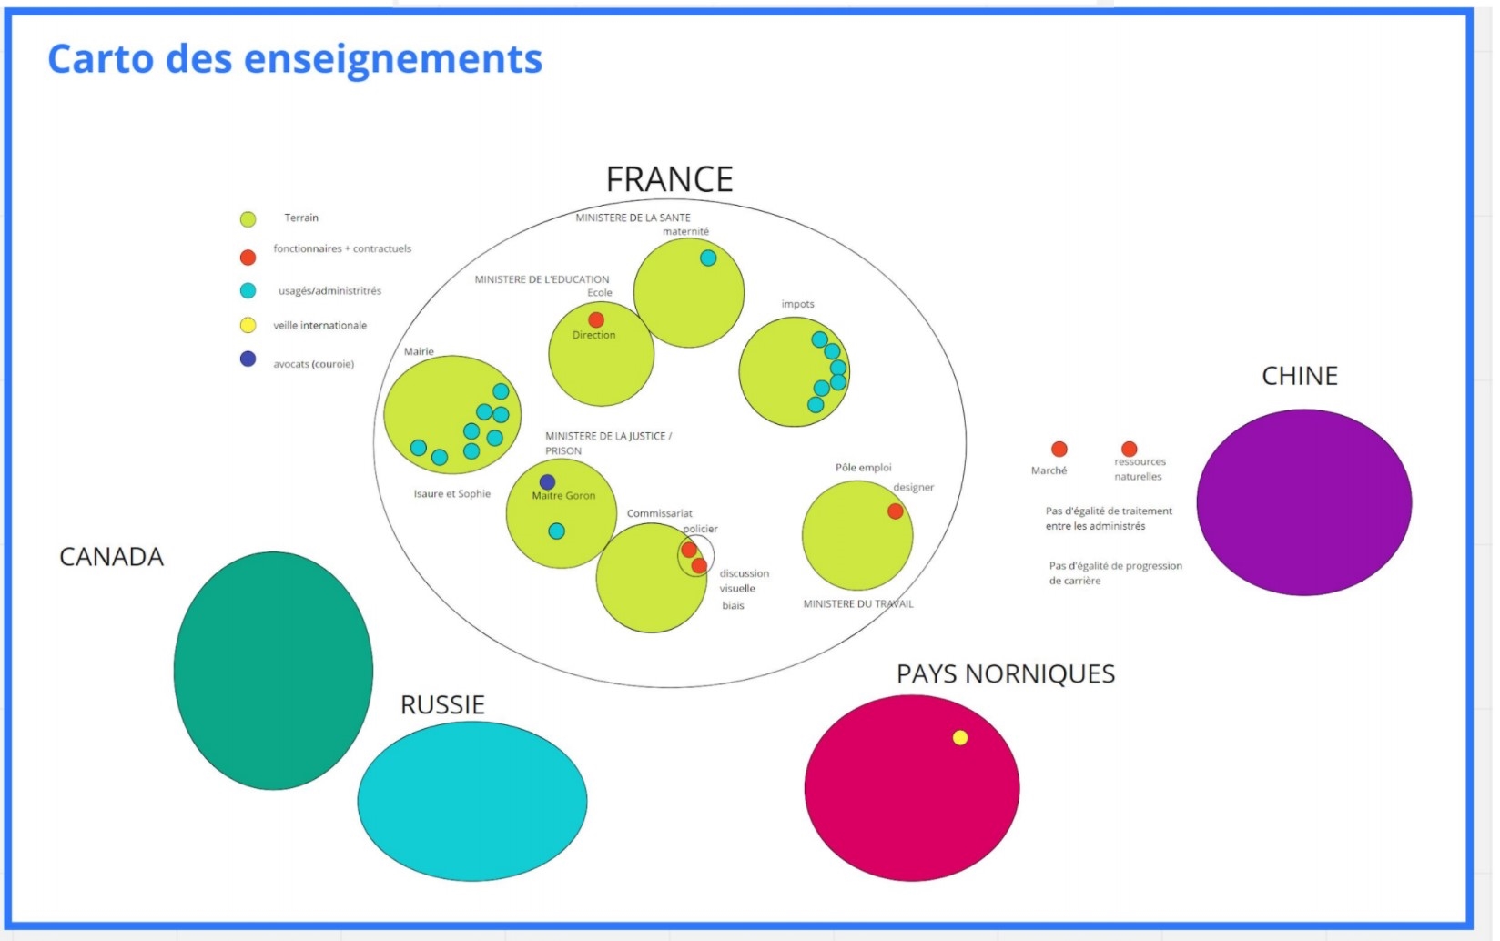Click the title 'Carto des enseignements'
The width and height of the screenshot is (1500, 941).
point(295,59)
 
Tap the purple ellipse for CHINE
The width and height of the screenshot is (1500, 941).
point(1303,502)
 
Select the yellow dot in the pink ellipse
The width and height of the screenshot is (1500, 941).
point(959,737)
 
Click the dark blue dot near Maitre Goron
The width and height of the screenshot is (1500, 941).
point(547,482)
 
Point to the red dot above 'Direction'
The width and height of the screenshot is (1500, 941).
point(596,320)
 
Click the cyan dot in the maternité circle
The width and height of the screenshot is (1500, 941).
point(708,258)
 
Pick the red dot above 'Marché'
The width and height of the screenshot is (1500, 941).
point(1059,450)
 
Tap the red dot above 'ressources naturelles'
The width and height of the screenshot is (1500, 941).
point(1129,449)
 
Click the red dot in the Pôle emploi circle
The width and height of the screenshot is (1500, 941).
point(896,511)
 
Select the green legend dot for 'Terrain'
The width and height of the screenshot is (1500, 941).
point(248,219)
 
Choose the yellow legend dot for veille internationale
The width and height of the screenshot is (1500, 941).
point(248,325)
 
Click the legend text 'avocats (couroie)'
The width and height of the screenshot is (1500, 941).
point(313,364)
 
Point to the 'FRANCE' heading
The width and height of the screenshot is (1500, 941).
point(669,179)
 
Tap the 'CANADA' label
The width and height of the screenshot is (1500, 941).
point(111,557)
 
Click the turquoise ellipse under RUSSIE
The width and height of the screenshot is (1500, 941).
point(471,801)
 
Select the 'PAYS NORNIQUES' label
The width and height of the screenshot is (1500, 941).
point(1005,673)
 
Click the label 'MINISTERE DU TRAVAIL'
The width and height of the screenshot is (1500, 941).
point(857,603)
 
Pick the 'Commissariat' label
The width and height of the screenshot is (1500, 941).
point(659,513)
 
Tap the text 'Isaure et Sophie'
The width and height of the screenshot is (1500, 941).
point(451,494)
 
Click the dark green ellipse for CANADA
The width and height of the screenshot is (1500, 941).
point(273,671)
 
